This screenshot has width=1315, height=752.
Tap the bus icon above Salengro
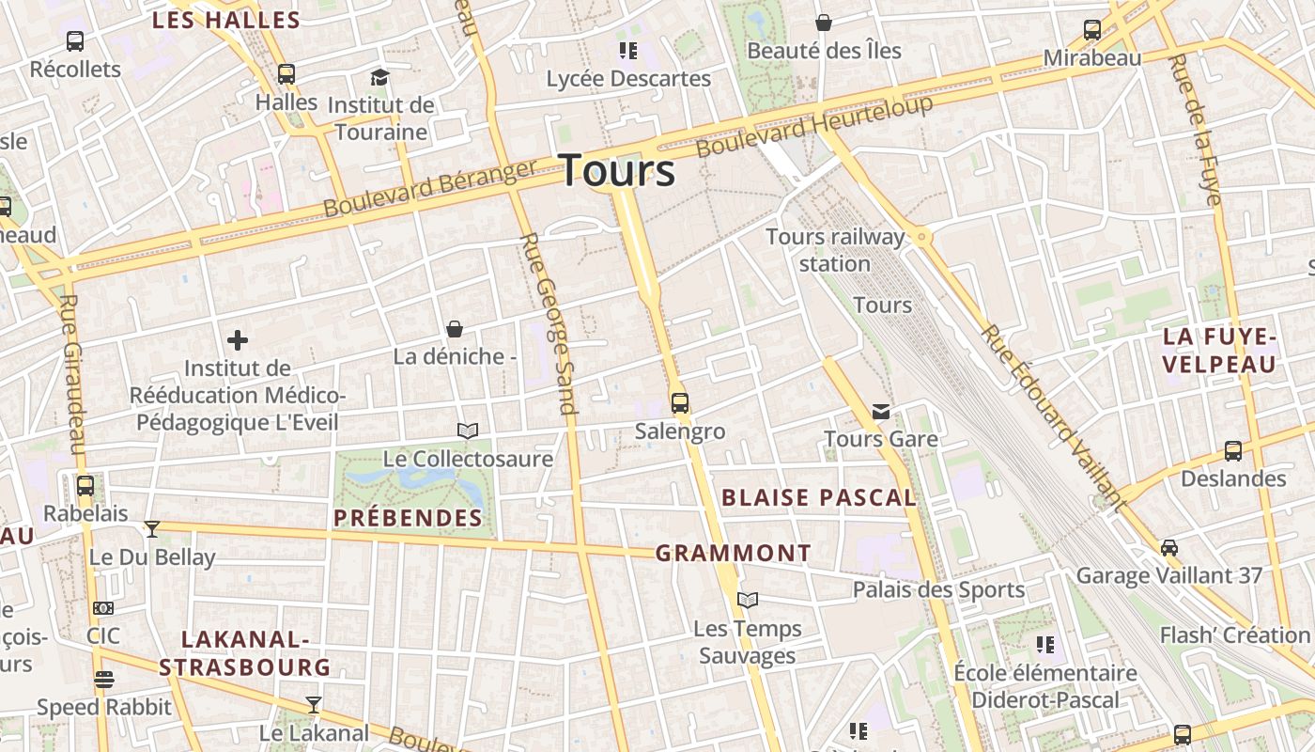tap(680, 403)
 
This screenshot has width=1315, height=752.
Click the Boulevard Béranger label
tap(429, 188)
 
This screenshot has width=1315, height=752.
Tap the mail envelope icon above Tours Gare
tap(881, 412)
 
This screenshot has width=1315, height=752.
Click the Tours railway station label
tap(835, 250)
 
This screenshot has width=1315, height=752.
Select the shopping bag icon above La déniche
tap(455, 328)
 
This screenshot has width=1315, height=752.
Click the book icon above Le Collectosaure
tap(468, 431)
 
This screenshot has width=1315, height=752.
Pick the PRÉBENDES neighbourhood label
tap(408, 518)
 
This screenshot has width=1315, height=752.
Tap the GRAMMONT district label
tap(733, 554)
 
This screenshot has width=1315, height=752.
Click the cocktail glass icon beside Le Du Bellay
tap(152, 529)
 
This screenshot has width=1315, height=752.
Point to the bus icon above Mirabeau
tap(1092, 30)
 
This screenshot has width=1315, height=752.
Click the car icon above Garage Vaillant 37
tap(1169, 547)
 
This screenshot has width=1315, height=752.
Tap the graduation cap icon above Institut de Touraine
tap(379, 77)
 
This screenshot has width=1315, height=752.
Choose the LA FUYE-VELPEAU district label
tap(1220, 350)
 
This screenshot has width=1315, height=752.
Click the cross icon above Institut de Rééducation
tap(238, 339)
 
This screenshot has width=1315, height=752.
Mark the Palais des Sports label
tap(938, 590)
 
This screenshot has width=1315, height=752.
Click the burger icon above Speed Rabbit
tap(104, 679)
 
